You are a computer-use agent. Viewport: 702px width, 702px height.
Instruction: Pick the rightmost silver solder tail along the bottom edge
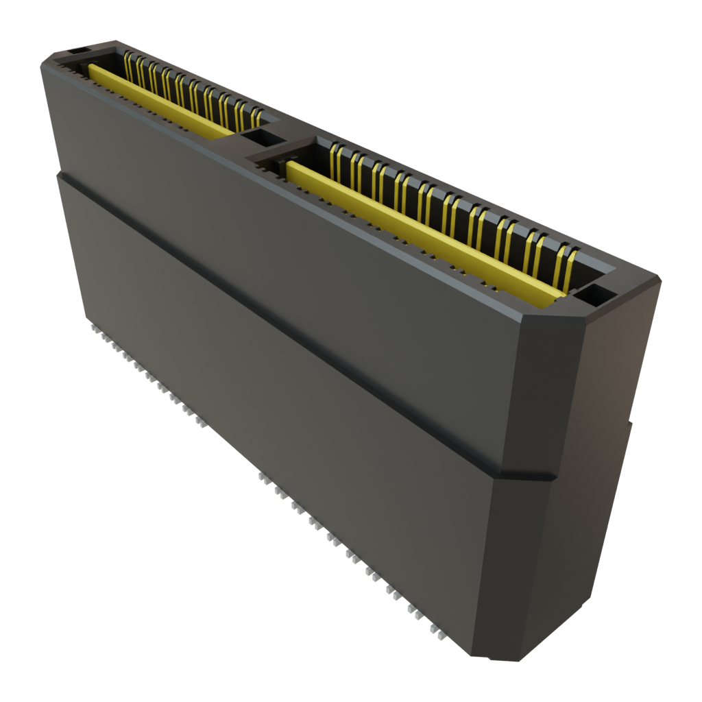point(439,637)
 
